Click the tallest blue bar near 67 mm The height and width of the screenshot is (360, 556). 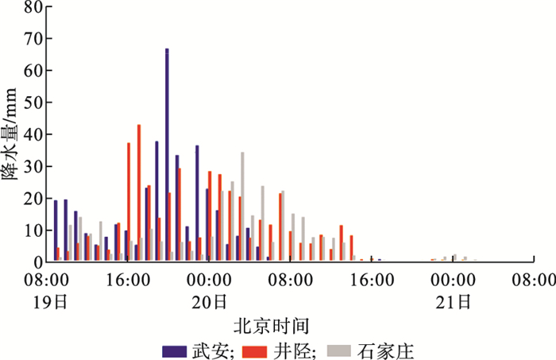167,155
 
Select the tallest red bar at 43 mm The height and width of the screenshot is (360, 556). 139,193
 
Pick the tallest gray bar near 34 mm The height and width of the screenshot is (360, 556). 242,207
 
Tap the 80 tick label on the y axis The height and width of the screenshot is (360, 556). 33,6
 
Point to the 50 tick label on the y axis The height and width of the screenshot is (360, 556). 33,103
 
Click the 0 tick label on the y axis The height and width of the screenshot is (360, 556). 38,262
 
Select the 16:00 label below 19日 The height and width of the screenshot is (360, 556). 129,280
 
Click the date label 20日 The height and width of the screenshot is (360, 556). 209,302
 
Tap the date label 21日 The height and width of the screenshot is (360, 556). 454,302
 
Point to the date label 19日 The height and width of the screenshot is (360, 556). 50,302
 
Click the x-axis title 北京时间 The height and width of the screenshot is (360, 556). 272,326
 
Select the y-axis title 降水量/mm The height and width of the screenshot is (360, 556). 9,134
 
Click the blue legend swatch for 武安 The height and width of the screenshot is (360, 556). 175,351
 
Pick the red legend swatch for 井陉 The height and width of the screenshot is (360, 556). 255,351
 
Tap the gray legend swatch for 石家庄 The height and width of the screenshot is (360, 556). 339,351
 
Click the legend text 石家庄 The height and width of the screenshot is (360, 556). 385,351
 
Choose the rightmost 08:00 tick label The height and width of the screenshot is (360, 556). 534,280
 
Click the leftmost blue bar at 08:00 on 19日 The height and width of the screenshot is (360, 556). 56,231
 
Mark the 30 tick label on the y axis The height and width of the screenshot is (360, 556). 33,166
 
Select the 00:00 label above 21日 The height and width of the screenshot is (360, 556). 454,280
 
